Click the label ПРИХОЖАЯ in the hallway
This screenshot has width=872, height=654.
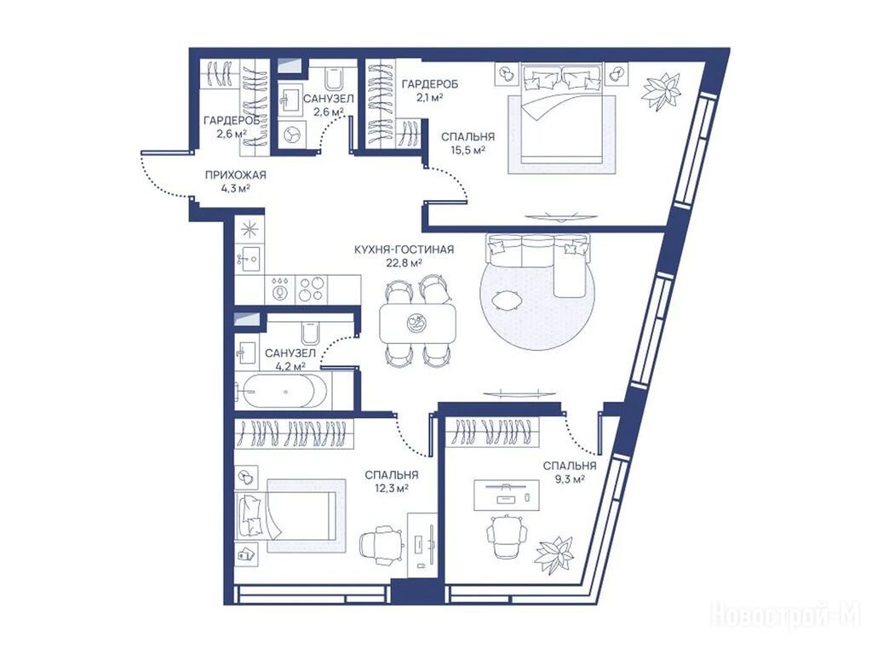[236, 175]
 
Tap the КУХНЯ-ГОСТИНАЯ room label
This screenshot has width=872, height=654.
[404, 250]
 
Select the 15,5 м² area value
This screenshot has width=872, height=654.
[468, 149]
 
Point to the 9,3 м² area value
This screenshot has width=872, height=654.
[570, 479]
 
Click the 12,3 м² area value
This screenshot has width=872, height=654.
[392, 488]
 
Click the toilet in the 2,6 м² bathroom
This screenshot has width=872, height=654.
[334, 77]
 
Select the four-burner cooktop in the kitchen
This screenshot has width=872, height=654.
[311, 290]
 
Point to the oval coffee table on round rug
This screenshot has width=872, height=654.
[507, 300]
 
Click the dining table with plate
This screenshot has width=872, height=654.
[417, 323]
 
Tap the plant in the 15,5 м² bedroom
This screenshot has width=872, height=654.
[661, 91]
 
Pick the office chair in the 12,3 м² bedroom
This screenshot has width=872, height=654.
[381, 544]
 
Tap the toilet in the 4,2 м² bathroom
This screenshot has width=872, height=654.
[309, 334]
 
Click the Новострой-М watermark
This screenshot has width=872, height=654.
[786, 615]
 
